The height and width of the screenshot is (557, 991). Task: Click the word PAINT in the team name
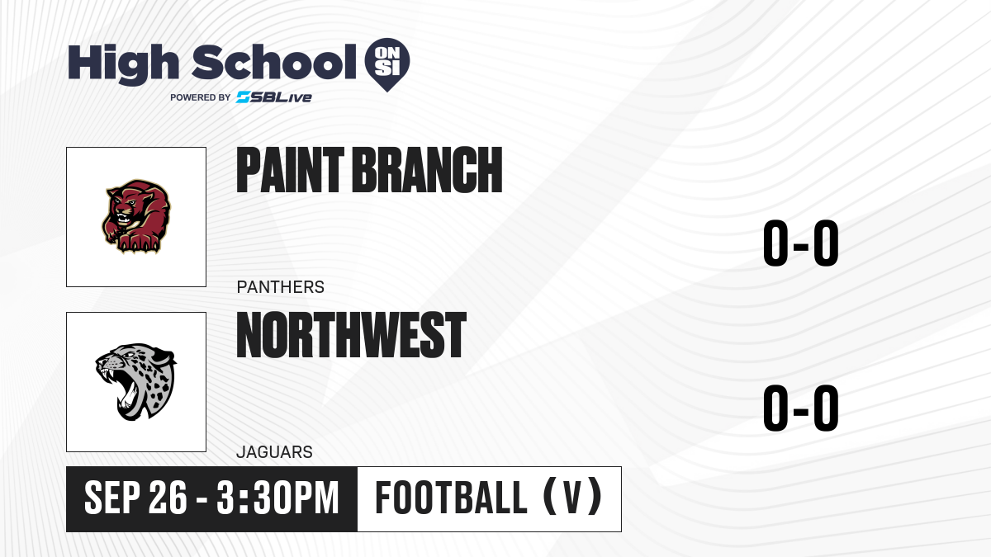tap(290, 170)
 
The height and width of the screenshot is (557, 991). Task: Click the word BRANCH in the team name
tap(428, 170)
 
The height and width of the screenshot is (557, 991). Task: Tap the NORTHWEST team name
tap(352, 335)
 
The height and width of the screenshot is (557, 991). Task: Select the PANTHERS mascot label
tap(281, 287)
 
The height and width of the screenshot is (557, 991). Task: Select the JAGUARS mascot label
tap(274, 452)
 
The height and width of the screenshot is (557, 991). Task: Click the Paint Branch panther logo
tap(136, 216)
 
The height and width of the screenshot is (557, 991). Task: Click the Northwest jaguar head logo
tap(135, 382)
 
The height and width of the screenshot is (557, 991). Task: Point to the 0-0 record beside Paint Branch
tap(801, 243)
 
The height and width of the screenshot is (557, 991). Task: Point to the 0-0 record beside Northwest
tap(801, 408)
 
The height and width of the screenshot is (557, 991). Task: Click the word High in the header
tap(124, 64)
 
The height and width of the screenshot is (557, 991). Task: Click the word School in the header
tap(274, 62)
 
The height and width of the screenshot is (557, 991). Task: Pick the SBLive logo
tap(274, 97)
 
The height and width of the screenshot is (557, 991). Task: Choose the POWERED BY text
tap(201, 97)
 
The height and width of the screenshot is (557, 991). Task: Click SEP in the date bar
tap(111, 498)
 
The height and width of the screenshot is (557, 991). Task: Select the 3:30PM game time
tap(277, 498)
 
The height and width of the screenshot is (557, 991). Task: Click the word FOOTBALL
tap(451, 498)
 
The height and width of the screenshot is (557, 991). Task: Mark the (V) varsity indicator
tap(572, 498)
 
